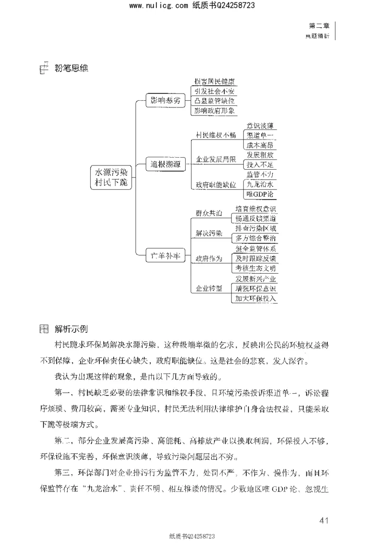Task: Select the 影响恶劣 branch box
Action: tap(165, 100)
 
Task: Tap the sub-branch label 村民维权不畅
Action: tap(216, 135)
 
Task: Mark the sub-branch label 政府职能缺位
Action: tap(216, 185)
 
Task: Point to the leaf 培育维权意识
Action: tap(255, 209)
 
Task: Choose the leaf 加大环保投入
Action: tap(255, 298)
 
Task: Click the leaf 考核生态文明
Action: tap(255, 268)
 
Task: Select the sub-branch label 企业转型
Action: tap(209, 288)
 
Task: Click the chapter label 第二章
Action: tap(317, 27)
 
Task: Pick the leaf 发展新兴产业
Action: tap(255, 279)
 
